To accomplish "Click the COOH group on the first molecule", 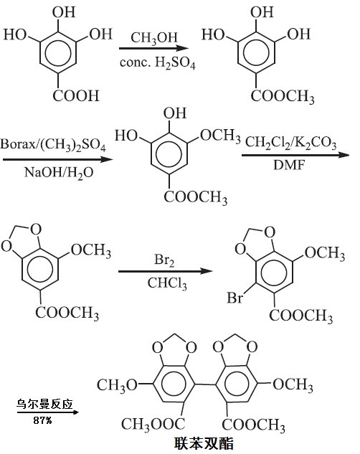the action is click(76, 96).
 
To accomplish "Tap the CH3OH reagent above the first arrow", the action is click(154, 38).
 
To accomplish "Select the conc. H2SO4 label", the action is click(158, 63).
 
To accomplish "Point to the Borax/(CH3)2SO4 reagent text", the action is click(53, 145).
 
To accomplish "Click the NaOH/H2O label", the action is click(59, 173).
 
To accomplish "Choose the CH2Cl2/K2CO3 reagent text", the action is click(291, 143).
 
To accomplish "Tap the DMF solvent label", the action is click(290, 165).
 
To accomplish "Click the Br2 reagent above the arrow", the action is click(164, 260).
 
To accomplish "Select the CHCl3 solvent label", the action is click(167, 283).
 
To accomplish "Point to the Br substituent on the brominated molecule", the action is click(235, 298).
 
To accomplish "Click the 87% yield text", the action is click(42, 420).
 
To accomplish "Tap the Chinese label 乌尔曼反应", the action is click(44, 404).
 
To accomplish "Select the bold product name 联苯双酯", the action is click(204, 443).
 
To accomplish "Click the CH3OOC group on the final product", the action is click(153, 425).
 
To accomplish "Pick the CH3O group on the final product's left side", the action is click(117, 386).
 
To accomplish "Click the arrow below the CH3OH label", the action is click(153, 49).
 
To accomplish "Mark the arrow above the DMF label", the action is click(295, 155).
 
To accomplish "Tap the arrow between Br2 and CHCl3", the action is click(165, 271).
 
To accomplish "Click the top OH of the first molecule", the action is click(64, 12).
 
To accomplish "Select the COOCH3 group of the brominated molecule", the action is click(301, 316).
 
